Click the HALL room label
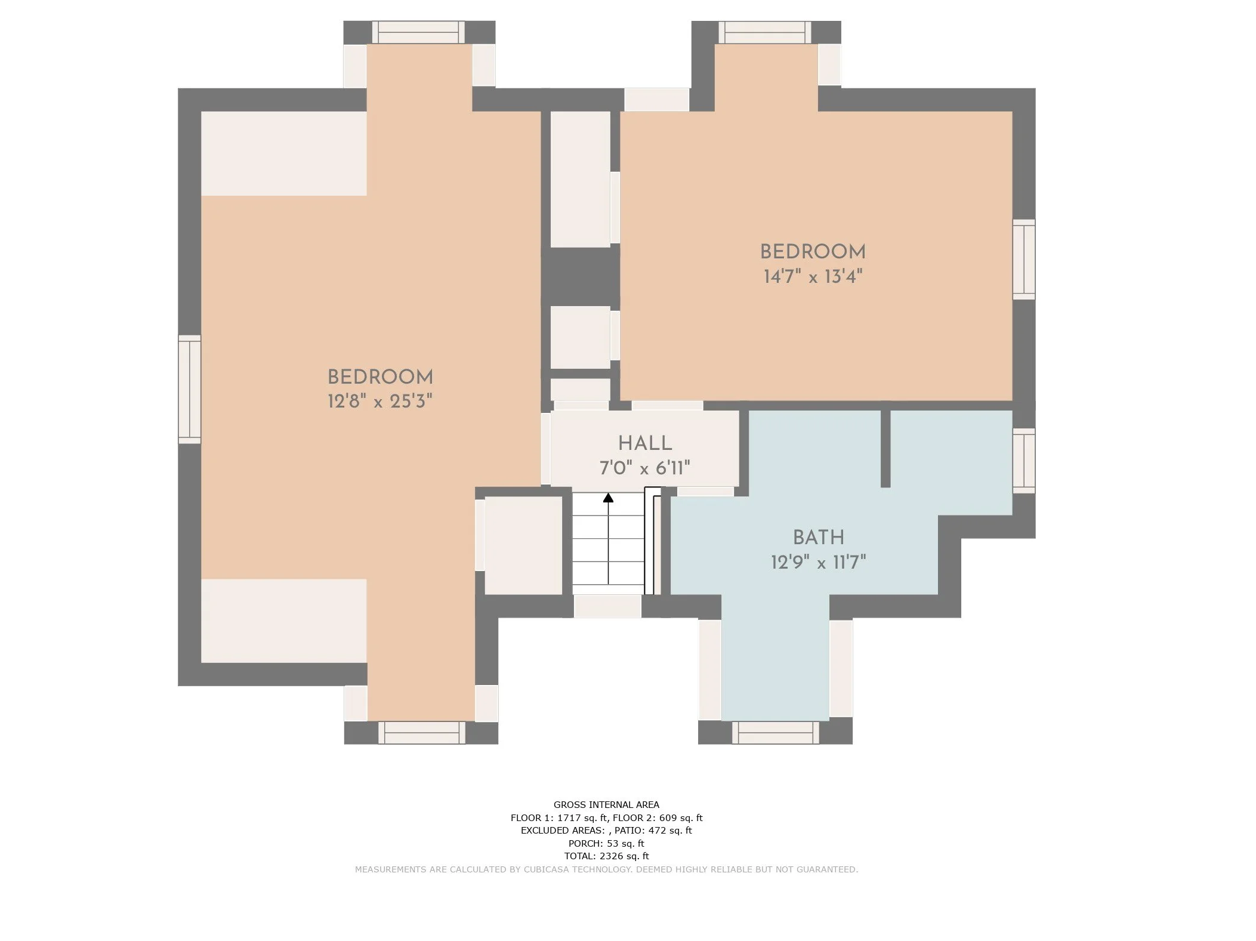coord(644,443)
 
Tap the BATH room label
coord(818,538)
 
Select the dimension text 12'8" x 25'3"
coord(379,401)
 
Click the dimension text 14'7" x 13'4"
coord(813,277)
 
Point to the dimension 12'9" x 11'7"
coord(818,562)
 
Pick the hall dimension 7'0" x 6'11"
coord(644,468)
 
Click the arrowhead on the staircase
coord(608,498)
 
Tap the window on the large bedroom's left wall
coord(190,389)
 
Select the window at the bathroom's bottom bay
coord(775,732)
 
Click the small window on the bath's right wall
coord(1023,460)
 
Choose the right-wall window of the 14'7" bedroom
coord(1023,259)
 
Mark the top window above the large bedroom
coord(418,32)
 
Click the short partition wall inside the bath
coord(885,449)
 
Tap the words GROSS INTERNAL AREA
coord(606,804)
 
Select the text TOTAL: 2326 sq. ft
coord(606,856)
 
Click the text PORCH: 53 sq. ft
coord(606,843)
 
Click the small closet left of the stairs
coord(523,545)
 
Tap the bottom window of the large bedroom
coord(421,732)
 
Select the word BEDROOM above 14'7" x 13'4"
coord(813,252)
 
